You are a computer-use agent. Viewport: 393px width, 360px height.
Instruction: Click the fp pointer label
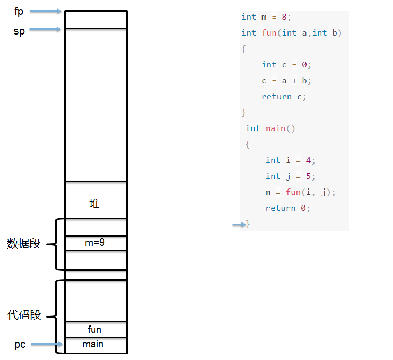(x=19, y=12)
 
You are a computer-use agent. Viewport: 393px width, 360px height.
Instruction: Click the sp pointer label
(x=19, y=31)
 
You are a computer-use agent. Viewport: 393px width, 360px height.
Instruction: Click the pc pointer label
(x=20, y=345)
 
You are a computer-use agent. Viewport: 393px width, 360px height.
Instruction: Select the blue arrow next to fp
(x=46, y=11)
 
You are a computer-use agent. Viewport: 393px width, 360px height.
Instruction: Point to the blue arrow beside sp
(x=46, y=29)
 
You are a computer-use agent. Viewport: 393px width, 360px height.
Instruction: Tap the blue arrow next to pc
(x=47, y=344)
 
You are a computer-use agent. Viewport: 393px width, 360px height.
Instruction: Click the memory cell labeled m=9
(x=96, y=243)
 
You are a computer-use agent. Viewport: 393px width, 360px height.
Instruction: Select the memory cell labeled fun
(x=96, y=329)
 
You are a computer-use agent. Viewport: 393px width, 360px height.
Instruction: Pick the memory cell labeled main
(x=96, y=345)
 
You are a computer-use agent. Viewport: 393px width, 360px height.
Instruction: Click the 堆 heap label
(x=94, y=203)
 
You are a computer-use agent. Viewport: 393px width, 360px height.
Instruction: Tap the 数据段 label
(x=23, y=244)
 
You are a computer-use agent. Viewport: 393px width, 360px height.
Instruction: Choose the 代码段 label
(x=24, y=315)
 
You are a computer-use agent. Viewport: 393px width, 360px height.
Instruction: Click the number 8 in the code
(x=284, y=17)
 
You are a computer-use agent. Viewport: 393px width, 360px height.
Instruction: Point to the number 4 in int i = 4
(x=308, y=160)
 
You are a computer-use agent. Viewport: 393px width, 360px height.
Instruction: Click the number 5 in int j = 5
(x=308, y=176)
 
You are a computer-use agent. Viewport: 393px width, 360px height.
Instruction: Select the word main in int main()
(x=275, y=128)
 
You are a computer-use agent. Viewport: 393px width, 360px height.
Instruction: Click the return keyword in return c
(x=276, y=97)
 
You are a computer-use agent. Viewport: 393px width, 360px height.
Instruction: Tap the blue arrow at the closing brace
(x=239, y=225)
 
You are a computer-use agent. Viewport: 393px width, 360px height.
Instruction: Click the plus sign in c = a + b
(x=294, y=81)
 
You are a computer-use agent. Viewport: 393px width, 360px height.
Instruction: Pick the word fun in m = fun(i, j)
(x=293, y=192)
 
